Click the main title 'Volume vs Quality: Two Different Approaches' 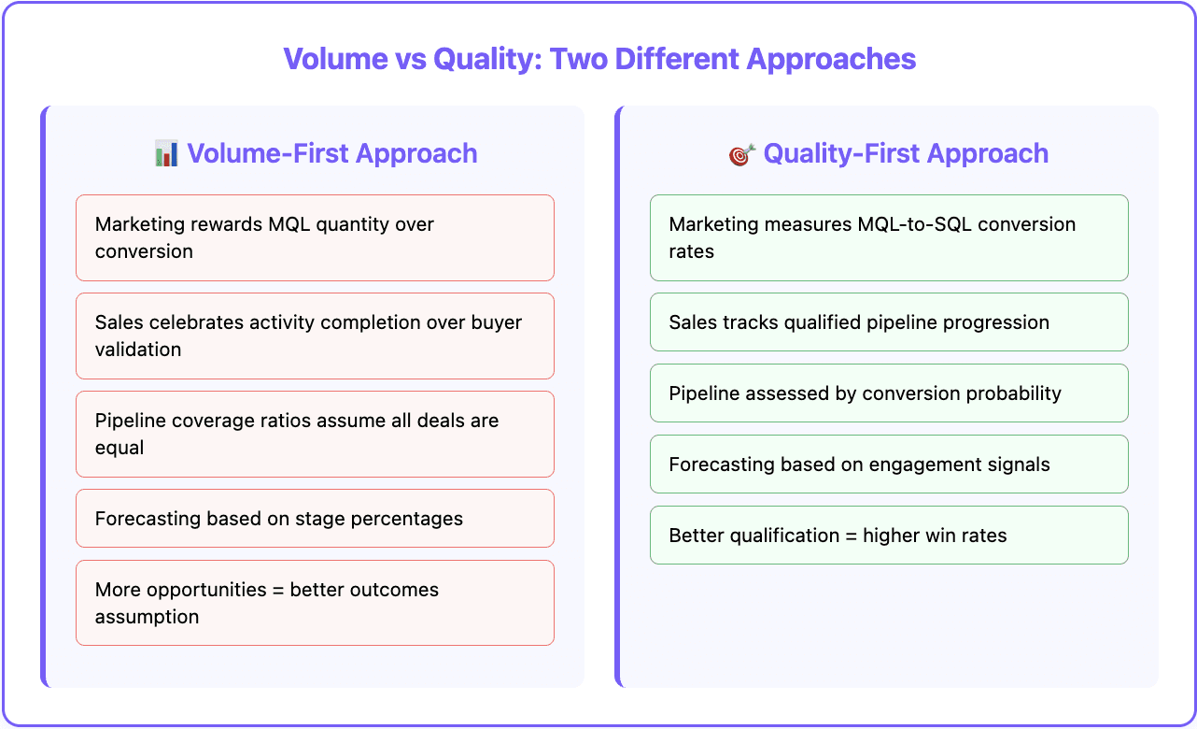click(x=599, y=59)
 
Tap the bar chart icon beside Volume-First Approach click(x=166, y=153)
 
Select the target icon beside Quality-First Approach click(x=741, y=154)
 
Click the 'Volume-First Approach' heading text click(x=331, y=153)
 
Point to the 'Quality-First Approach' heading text click(x=905, y=153)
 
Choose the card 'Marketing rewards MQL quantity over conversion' click(x=315, y=237)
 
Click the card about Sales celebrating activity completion click(x=315, y=336)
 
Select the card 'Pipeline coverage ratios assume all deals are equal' click(x=315, y=434)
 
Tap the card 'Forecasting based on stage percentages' click(x=315, y=518)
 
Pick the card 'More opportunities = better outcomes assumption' click(x=315, y=603)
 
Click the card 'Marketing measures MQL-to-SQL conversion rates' click(x=888, y=237)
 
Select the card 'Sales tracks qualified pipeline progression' click(x=888, y=322)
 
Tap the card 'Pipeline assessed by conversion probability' click(x=888, y=393)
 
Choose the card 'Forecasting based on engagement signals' click(x=888, y=464)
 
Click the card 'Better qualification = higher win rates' click(x=888, y=535)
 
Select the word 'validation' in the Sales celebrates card click(x=138, y=350)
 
